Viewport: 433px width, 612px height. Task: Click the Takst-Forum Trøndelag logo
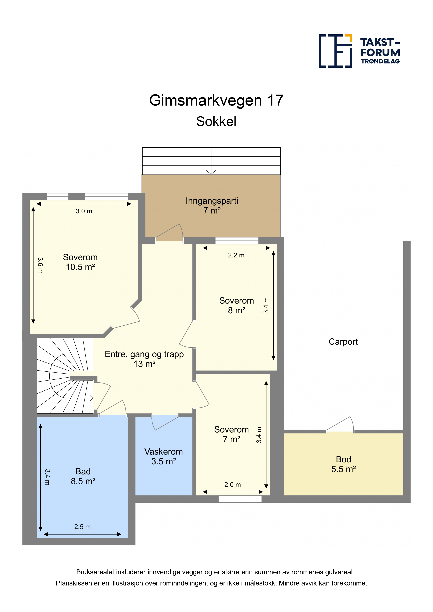click(x=359, y=51)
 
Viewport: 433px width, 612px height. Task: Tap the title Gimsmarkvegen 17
click(x=216, y=100)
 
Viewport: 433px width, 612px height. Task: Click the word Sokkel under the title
click(x=216, y=122)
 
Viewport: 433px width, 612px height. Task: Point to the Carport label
click(x=343, y=342)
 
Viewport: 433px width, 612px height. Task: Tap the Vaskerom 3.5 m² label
click(x=164, y=456)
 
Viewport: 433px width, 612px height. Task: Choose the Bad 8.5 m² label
click(x=83, y=476)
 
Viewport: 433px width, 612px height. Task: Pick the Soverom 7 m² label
click(x=232, y=434)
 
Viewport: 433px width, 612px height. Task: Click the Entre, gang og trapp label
click(x=144, y=359)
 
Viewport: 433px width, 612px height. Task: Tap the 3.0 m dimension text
click(x=84, y=211)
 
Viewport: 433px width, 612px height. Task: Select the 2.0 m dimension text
click(x=232, y=485)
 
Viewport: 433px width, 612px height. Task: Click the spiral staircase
click(x=65, y=376)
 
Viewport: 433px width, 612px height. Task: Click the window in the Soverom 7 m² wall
click(x=240, y=499)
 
